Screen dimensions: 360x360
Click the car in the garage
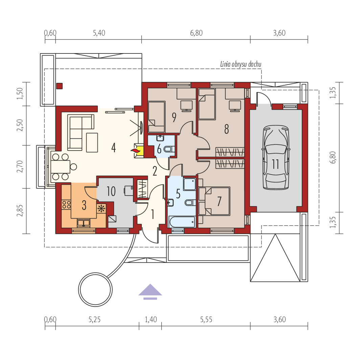275,158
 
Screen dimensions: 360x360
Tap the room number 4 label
113,148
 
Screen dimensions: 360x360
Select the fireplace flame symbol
135,151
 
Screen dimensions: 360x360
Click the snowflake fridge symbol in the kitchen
101,208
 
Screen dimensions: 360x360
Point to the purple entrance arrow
150,292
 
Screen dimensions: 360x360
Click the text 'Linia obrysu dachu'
241,64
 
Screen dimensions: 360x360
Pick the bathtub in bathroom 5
182,222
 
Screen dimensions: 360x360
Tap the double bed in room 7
215,201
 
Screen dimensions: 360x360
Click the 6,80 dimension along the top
196,33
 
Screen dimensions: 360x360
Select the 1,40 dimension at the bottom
151,319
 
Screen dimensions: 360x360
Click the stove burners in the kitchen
66,205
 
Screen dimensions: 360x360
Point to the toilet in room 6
170,149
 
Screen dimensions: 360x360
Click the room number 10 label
111,191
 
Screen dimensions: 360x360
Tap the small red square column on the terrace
60,86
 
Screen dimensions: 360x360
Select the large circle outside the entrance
95,289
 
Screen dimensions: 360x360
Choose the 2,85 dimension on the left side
20,210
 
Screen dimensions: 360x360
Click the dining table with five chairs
61,167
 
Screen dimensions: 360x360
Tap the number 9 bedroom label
174,117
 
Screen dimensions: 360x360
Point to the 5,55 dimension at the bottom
206,319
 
